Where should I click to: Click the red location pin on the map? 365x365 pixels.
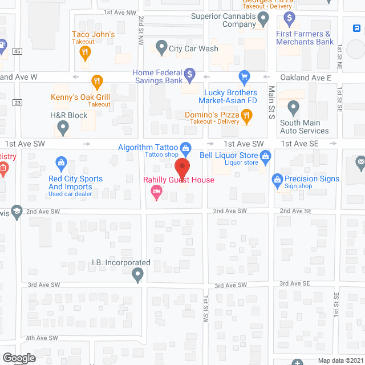(x=182, y=169)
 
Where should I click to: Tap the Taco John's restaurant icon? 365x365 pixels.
(x=86, y=53)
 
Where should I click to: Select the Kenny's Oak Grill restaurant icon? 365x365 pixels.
(x=97, y=80)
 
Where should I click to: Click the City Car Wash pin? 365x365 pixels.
(x=161, y=48)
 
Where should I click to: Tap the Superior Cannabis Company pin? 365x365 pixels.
(x=263, y=21)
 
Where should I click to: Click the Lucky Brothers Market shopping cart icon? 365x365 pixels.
(x=244, y=76)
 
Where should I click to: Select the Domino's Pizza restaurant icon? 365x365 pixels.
(x=246, y=117)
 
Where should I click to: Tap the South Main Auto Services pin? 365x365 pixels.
(x=293, y=107)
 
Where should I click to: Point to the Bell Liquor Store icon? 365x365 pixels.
(x=265, y=155)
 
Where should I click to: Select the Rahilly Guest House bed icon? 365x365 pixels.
(x=156, y=195)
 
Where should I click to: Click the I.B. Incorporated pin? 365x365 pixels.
(x=137, y=276)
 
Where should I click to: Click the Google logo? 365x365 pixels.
(x=18, y=358)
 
